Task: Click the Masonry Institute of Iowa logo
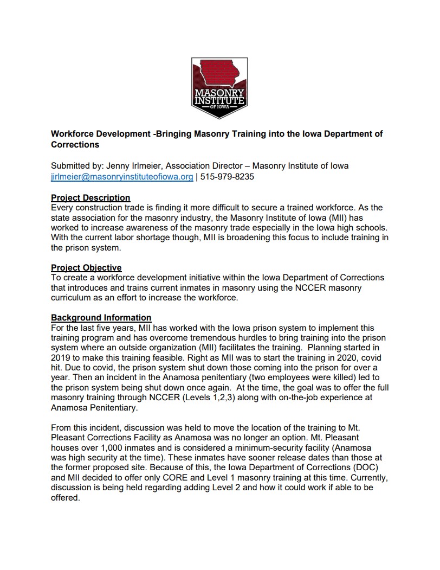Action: [219, 88]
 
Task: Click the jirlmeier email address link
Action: [122, 177]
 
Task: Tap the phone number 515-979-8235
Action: [228, 177]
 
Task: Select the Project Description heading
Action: [90, 197]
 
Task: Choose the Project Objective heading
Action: [86, 267]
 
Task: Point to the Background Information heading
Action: [101, 317]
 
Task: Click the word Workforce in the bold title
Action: [74, 134]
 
